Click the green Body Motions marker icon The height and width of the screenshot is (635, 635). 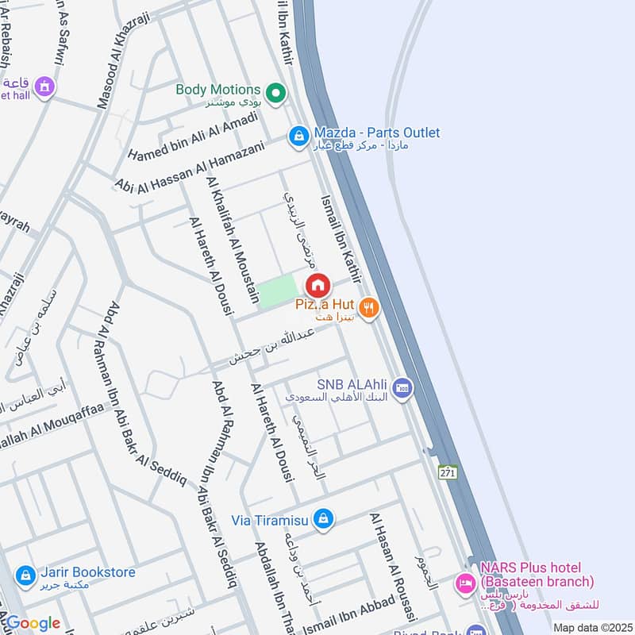coord(276,94)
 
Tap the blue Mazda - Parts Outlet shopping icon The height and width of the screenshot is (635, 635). coord(298,137)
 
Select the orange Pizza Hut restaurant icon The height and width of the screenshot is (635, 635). coord(368,308)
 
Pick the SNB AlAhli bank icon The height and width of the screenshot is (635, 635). coord(402,387)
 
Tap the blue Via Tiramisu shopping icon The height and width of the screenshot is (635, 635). coord(322,519)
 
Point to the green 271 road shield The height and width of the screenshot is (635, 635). coord(449,471)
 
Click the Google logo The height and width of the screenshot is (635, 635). coord(32,623)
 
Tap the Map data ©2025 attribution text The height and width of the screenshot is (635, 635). coord(591,627)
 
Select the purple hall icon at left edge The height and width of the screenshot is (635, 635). coord(44,85)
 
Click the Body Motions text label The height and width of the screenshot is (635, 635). coord(218,90)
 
